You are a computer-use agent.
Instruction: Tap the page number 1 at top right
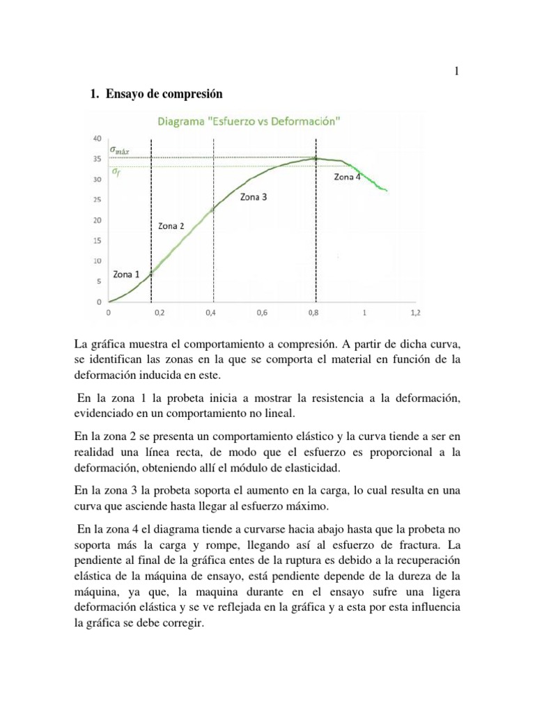pos(456,72)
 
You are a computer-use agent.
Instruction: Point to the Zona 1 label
pos(126,274)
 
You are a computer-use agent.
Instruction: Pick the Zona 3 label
pos(254,197)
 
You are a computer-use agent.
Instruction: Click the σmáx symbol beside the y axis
pos(120,150)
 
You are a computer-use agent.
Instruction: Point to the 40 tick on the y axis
pos(95,138)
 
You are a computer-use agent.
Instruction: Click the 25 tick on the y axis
pos(97,200)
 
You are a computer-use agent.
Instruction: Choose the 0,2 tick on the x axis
pos(159,313)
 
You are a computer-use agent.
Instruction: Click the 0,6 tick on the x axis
pos(262,313)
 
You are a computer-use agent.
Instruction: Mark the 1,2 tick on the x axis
pos(415,313)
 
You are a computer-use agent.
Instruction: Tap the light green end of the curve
pos(385,189)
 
